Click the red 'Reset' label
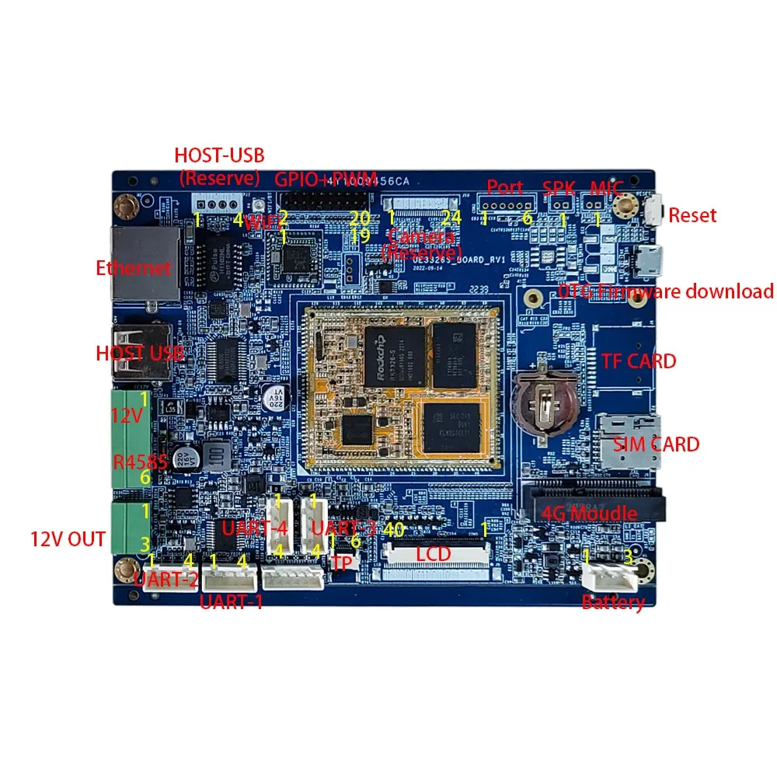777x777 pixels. coord(692,215)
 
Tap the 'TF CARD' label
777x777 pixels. coord(639,361)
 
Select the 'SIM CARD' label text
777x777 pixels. coord(656,444)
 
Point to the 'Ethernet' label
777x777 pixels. coord(133,269)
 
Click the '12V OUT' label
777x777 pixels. coord(68,538)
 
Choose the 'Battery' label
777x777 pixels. coord(613,603)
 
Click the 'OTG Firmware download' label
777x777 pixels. coord(666,291)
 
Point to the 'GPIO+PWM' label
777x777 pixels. coord(326,178)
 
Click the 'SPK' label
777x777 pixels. coord(559,189)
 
